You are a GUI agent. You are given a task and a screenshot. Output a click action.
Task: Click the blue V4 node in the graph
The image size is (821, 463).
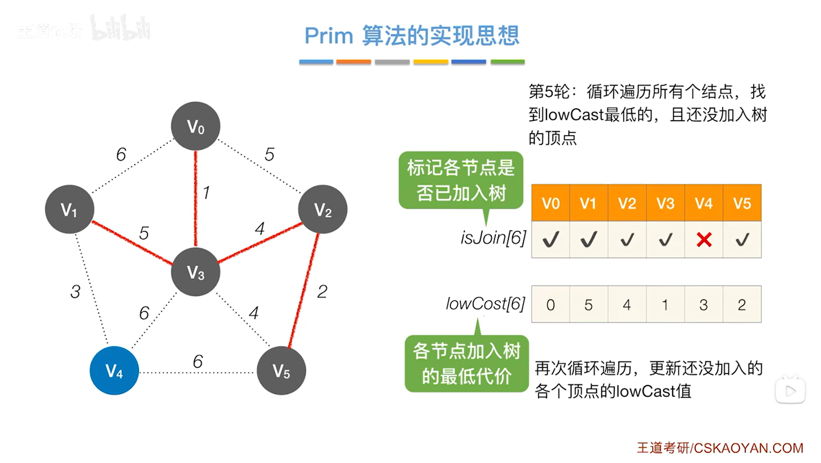click(114, 371)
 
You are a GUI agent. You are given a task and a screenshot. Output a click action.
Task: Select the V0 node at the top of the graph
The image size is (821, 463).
click(196, 126)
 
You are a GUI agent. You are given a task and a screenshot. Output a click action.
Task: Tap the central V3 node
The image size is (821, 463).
click(196, 272)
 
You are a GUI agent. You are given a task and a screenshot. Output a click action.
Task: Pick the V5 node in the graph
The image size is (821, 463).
click(281, 371)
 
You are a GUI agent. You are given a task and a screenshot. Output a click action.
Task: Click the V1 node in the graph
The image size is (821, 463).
click(69, 210)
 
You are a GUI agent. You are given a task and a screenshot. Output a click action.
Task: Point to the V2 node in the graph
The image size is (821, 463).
click(322, 210)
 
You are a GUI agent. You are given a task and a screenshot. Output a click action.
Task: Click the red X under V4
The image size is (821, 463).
click(704, 240)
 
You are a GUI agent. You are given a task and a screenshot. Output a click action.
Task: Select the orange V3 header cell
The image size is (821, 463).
click(665, 203)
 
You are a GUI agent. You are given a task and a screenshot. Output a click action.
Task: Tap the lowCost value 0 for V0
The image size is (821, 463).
click(550, 305)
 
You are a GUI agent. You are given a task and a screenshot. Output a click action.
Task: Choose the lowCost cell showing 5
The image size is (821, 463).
click(589, 305)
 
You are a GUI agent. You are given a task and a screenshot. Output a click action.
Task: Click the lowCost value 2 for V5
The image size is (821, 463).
click(742, 305)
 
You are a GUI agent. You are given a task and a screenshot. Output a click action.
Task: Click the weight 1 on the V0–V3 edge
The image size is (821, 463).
click(206, 192)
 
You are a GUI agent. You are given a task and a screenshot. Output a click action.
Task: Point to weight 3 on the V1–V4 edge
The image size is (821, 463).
click(75, 292)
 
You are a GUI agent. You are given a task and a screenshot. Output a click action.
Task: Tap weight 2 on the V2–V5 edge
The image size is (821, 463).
click(322, 292)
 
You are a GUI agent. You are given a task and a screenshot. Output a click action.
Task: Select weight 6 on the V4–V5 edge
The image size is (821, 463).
click(198, 361)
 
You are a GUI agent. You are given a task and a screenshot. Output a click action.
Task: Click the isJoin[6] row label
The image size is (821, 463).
click(493, 238)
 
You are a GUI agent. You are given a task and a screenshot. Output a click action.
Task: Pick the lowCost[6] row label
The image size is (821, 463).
click(485, 304)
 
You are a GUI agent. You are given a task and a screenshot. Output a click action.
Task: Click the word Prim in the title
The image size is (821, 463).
click(328, 36)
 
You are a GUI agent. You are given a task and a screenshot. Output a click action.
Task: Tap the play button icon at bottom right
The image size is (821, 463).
click(790, 391)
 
